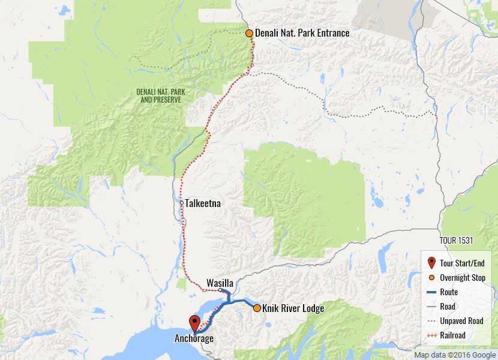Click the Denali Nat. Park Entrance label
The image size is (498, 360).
[302, 33]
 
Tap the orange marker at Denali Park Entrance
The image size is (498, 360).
[250, 33]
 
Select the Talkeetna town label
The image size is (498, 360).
[203, 203]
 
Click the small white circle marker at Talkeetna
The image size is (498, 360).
[182, 203]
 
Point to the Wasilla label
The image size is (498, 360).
[219, 283]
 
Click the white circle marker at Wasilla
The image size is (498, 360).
[221, 290]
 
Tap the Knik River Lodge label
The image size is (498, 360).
[293, 308]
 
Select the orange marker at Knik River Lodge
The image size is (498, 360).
[257, 308]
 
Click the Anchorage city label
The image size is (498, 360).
[194, 338]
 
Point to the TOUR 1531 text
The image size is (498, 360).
[456, 241]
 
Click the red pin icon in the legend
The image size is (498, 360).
[431, 263]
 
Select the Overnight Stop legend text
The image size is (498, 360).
[462, 278]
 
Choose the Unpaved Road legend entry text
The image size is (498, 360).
[461, 321]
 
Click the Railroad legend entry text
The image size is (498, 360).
[452, 335]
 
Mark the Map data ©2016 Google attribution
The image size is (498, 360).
[455, 355]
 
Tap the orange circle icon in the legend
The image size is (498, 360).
[431, 278]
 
